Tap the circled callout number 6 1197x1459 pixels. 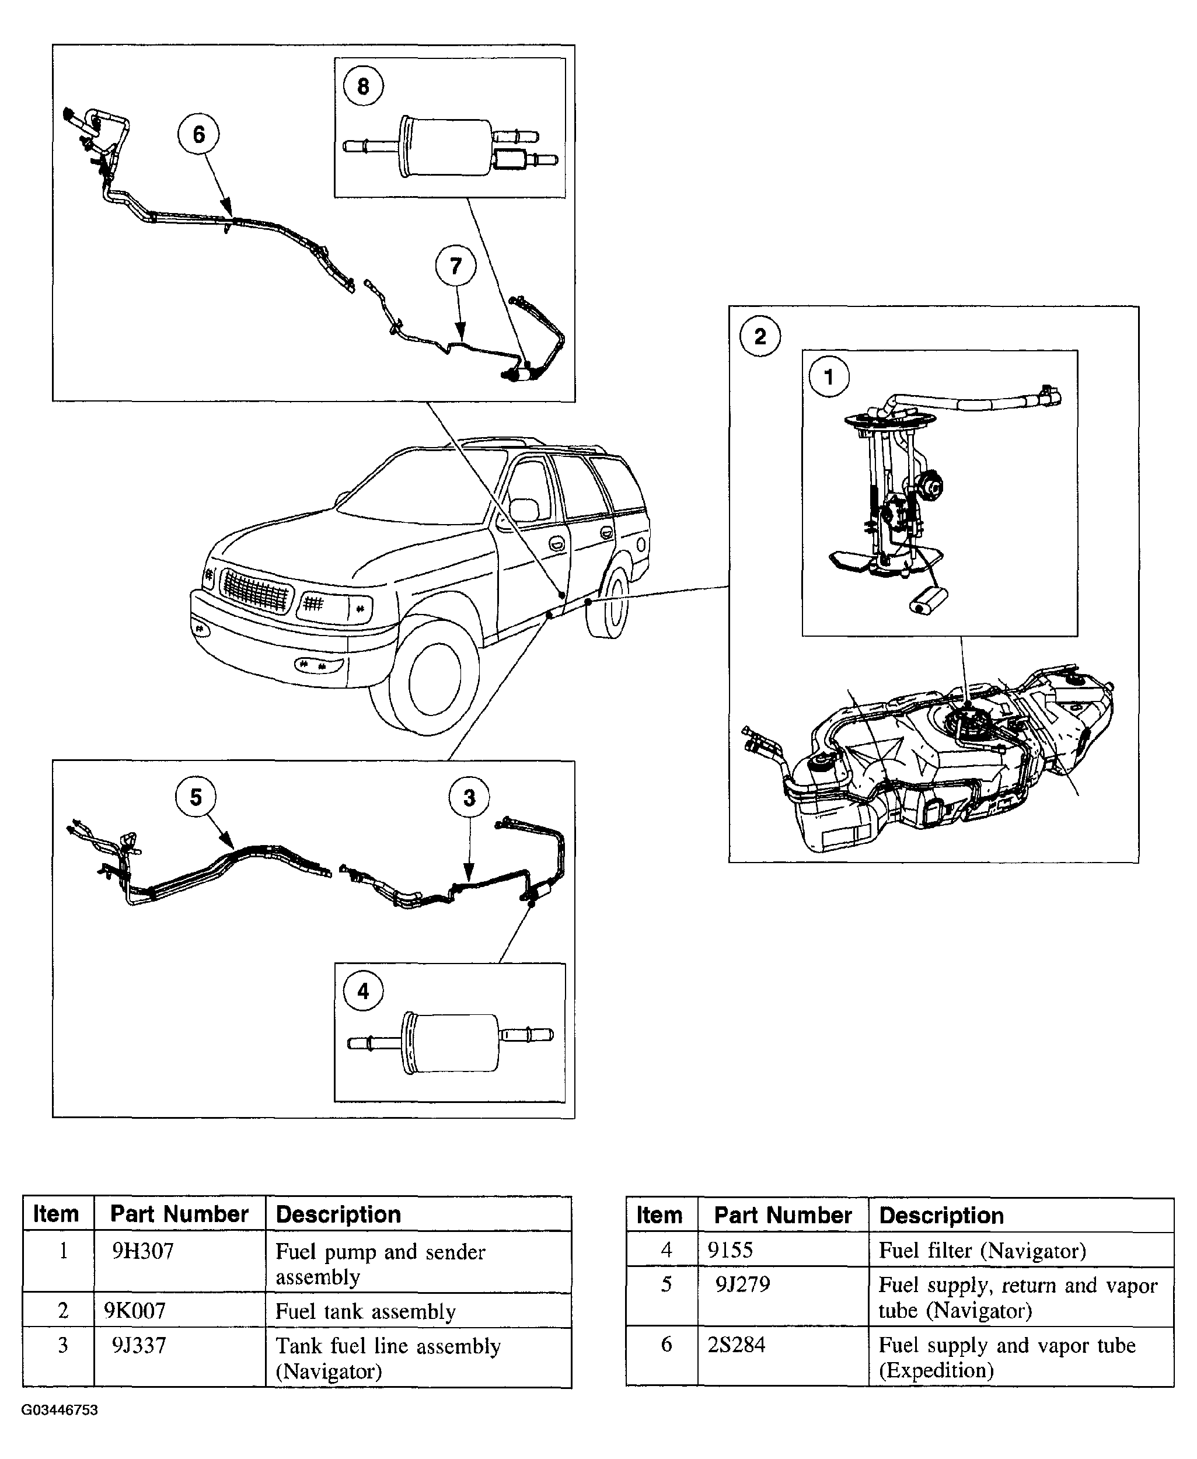tap(198, 134)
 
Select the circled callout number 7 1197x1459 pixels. tap(456, 266)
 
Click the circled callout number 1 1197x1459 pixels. tap(829, 376)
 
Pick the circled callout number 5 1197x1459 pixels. tap(196, 797)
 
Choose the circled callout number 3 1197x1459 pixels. tap(469, 798)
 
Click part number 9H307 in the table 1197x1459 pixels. tap(143, 1251)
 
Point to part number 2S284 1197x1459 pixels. tap(737, 1345)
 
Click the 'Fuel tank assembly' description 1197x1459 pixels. tap(365, 1311)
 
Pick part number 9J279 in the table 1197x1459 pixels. tap(742, 1285)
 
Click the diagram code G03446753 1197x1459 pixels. tap(60, 1410)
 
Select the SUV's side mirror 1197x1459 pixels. tap(524, 510)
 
